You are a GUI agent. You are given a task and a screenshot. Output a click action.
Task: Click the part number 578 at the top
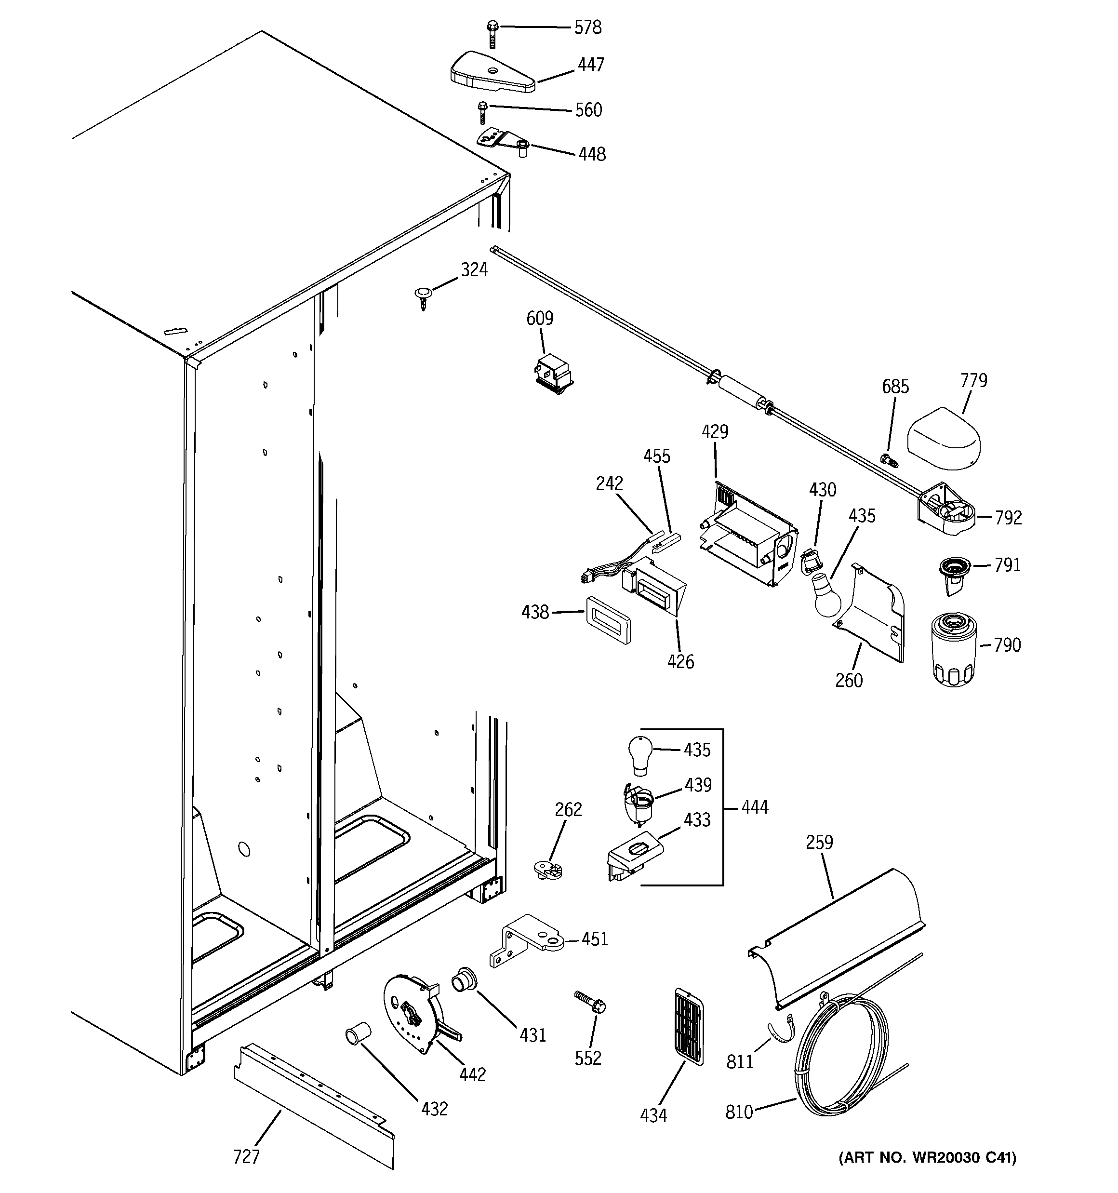587,27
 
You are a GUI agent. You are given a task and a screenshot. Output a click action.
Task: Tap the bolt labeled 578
492,34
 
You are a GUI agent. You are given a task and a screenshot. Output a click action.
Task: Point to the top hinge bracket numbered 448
503,141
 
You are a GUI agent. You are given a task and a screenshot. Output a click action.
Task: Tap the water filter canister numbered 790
954,649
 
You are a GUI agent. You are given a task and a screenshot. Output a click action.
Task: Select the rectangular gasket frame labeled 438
607,619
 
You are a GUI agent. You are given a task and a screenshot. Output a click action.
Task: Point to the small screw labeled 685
888,460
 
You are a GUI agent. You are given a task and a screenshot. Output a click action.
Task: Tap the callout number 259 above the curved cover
819,843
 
